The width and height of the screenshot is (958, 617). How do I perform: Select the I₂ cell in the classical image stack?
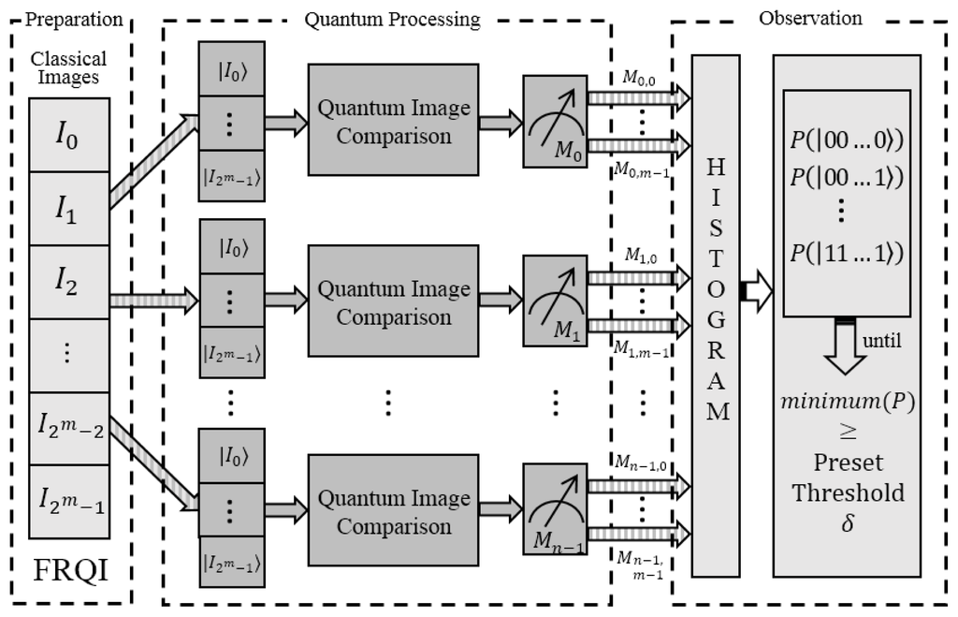pyautogui.click(x=68, y=282)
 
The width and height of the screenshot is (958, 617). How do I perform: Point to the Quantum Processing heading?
pyautogui.click(x=393, y=19)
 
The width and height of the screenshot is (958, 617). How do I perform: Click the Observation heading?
pyautogui.click(x=810, y=18)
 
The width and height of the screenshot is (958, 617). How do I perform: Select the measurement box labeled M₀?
pyautogui.click(x=556, y=122)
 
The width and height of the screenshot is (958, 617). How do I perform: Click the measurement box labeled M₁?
pyautogui.click(x=556, y=302)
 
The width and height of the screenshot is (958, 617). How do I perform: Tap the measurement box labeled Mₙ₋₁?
pyautogui.click(x=556, y=512)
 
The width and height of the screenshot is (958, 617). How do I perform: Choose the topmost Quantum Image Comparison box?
pyautogui.click(x=394, y=122)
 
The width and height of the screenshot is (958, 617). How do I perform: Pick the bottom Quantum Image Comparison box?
pyautogui.click(x=394, y=512)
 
